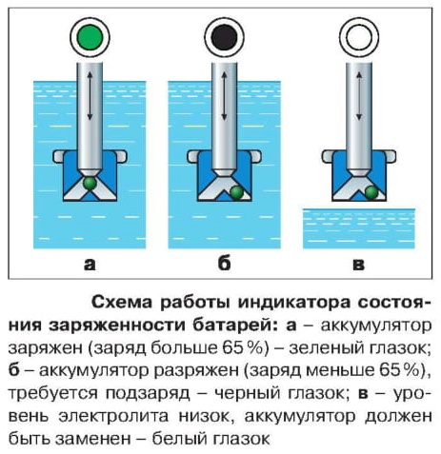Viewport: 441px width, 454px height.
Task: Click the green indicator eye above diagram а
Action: click(x=90, y=37)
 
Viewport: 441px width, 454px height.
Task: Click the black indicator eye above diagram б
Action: click(x=225, y=37)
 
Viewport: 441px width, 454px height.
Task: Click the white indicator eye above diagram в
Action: click(x=359, y=37)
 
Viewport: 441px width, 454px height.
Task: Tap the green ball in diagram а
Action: click(x=90, y=184)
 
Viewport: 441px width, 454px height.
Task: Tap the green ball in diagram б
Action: click(x=236, y=192)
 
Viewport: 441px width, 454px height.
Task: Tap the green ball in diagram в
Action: click(x=371, y=192)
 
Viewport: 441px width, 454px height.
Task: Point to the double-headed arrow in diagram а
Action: click(x=90, y=96)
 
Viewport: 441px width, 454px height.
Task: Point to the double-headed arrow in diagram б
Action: click(x=224, y=96)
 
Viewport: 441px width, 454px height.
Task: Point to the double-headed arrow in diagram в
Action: click(x=359, y=96)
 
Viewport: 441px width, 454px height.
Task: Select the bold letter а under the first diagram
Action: click(x=90, y=265)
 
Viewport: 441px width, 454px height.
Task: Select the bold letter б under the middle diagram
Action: click(x=224, y=263)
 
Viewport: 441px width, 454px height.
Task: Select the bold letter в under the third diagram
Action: click(x=359, y=265)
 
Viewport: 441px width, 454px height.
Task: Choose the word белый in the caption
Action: click(x=179, y=439)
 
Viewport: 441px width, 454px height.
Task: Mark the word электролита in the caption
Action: click(x=113, y=416)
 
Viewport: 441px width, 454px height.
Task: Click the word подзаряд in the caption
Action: click(x=148, y=394)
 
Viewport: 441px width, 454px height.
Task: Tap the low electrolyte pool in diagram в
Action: click(x=359, y=228)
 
